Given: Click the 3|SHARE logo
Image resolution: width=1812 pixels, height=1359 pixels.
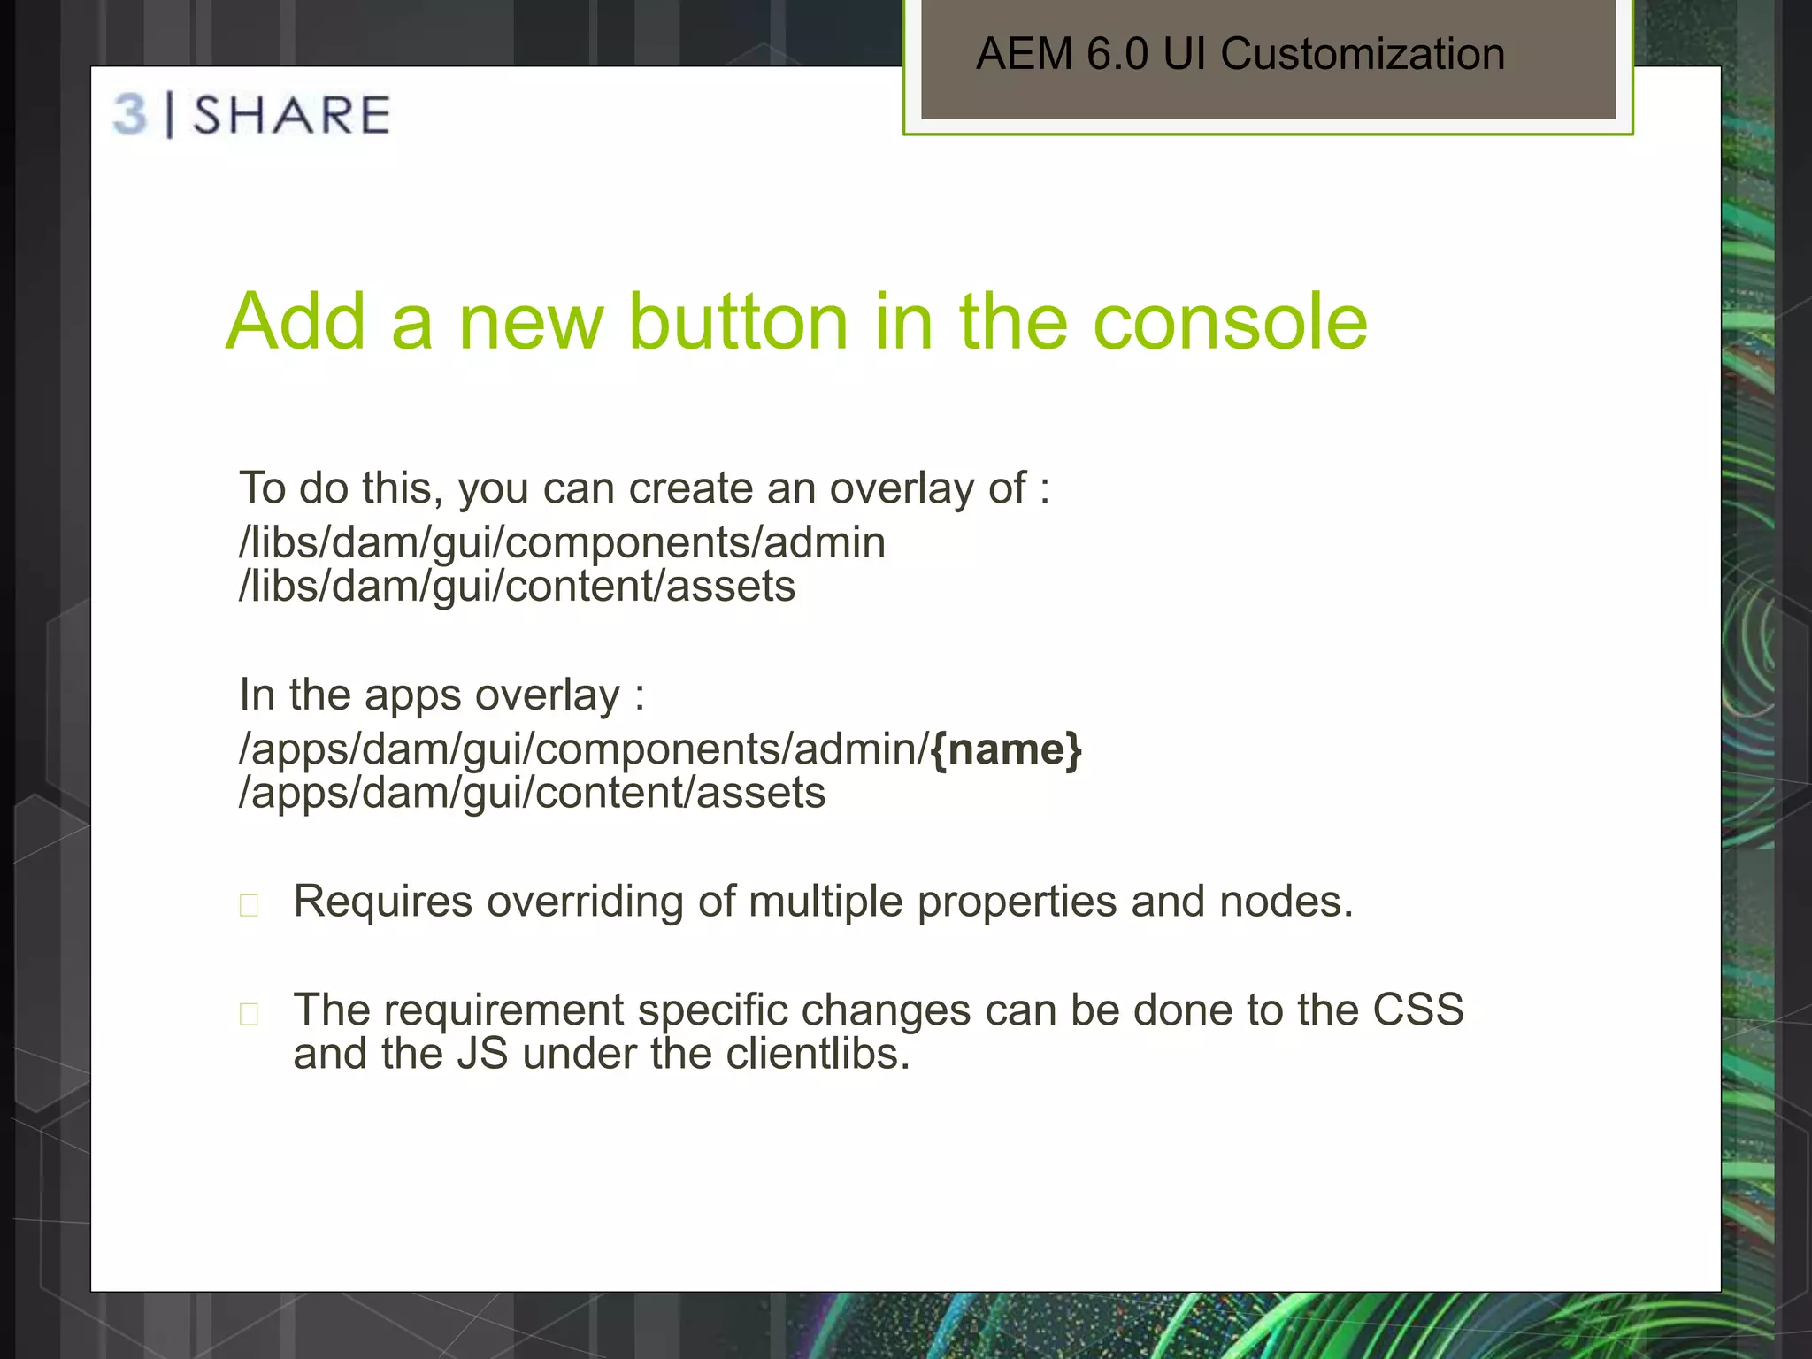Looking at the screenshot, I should (252, 116).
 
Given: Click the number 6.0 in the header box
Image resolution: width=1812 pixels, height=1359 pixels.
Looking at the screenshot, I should (1117, 55).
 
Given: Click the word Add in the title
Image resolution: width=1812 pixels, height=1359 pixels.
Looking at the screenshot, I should (296, 322).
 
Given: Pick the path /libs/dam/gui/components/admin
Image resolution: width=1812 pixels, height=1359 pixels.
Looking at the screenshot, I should (562, 542).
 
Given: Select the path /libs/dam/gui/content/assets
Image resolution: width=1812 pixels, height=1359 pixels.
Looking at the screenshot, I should (518, 587).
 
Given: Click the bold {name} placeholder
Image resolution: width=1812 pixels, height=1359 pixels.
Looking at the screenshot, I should (1006, 749).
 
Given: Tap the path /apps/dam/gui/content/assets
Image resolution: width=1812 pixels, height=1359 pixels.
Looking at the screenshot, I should (532, 793).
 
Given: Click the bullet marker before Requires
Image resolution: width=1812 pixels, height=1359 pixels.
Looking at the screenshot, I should (250, 905).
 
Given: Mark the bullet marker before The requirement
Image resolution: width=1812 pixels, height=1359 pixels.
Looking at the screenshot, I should (250, 1014).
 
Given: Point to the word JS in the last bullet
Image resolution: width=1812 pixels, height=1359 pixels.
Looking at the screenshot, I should (482, 1054).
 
